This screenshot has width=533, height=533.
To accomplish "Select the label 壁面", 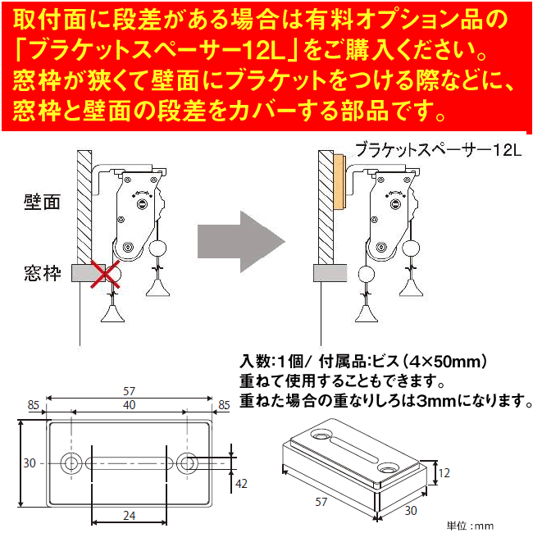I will point(43,202).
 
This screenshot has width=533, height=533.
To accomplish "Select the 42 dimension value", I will point(241,484).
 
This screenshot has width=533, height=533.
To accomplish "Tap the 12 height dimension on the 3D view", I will point(444,472).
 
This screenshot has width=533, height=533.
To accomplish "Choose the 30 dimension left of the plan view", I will point(30,463).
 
